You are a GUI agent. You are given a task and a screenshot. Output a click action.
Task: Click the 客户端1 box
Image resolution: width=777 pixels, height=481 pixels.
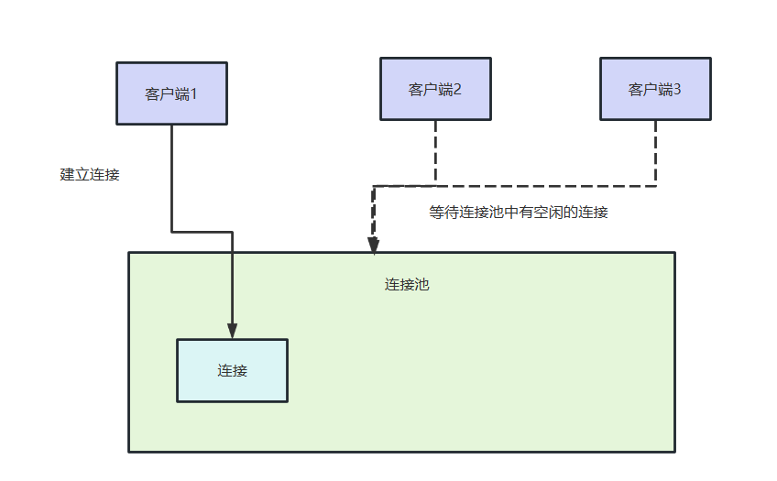point(171,93)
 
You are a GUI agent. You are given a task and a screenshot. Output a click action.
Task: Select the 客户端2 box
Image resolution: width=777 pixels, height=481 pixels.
point(435,89)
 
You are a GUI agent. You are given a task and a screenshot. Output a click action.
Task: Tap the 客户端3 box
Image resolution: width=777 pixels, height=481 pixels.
point(655,89)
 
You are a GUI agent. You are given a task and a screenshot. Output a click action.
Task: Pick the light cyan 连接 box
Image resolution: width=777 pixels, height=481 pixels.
point(232,370)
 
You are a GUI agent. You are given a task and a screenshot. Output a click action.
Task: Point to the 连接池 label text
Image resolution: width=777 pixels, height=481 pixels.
point(407,284)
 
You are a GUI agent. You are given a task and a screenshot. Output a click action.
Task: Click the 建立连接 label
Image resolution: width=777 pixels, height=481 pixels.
point(90,174)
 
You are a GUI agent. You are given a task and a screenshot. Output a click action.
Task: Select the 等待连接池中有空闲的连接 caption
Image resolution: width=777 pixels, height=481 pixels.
point(519,212)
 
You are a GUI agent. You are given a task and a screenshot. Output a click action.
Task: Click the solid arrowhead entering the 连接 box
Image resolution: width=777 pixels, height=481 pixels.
point(233,331)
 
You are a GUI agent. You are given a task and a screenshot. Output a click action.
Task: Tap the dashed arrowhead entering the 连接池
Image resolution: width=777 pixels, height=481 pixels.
point(373,245)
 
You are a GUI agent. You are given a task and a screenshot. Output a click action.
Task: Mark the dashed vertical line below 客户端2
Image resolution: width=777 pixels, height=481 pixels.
point(435,152)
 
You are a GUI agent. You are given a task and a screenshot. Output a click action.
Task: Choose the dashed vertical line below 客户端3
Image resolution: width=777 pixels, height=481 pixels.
point(655,152)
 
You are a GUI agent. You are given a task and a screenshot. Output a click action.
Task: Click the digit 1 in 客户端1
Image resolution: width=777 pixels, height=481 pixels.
point(193,93)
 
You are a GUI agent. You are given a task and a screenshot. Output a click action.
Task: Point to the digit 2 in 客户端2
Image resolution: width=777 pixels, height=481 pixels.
point(457,89)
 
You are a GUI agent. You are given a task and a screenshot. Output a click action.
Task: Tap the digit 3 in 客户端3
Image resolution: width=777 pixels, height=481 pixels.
point(677,89)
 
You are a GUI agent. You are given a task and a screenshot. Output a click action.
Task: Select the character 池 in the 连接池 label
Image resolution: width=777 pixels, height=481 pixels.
point(421,284)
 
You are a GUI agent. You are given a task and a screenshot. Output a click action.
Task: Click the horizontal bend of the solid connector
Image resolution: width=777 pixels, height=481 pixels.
point(202,232)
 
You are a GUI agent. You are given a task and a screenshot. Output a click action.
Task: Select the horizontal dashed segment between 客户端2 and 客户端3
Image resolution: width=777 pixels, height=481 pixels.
point(545,186)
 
